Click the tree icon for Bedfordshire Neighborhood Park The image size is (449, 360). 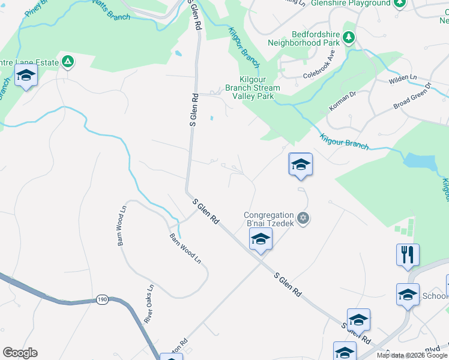point(349,38)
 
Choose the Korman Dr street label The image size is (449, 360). point(343,101)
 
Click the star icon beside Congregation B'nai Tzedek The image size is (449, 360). point(303,217)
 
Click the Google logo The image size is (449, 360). point(20,353)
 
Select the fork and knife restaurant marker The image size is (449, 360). point(408,254)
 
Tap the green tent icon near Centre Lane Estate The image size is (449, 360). point(68,62)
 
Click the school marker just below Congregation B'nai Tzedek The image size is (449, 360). point(261,239)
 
